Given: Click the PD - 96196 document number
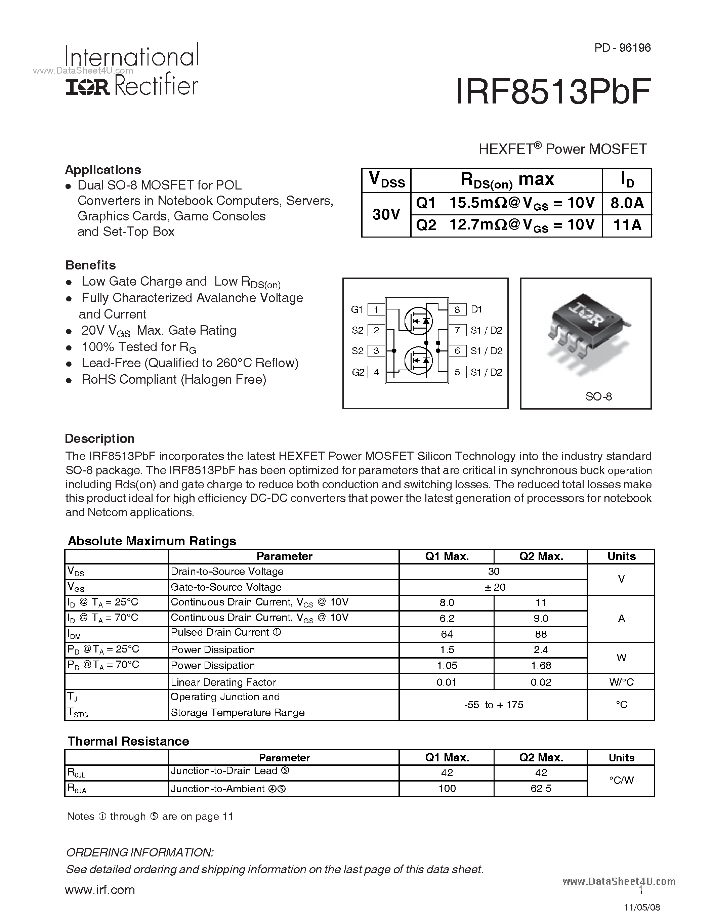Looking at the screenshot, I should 622,48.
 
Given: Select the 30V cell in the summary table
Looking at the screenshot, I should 386,214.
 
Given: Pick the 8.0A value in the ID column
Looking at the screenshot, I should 627,203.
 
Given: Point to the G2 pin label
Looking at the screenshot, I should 358,372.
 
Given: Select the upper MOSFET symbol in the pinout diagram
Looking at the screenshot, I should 418,320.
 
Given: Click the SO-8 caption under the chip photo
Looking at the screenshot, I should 598,396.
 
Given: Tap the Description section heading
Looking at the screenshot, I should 100,438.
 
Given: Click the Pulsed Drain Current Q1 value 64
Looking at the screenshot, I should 447,634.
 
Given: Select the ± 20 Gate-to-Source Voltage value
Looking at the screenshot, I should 493,587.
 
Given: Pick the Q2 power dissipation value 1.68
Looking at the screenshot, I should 541,666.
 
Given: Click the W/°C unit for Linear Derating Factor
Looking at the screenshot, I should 621,682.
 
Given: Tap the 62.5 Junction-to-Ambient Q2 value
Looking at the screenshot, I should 541,788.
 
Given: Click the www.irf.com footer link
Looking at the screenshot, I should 100,890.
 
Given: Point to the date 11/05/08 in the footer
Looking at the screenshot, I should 642,907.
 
